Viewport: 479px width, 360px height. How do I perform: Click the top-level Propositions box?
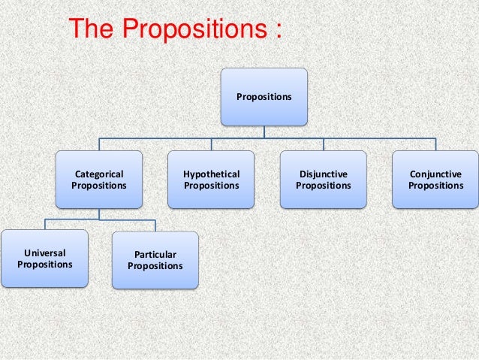coord(264,96)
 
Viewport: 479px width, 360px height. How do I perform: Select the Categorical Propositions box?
coord(99,180)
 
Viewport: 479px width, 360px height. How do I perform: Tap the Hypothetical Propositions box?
coord(211,180)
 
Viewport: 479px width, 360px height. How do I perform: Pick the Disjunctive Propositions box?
coord(324,180)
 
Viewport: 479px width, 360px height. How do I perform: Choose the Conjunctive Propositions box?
coord(435,180)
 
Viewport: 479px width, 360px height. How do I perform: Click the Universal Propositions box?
coord(44,259)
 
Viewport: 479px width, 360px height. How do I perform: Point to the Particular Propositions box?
coord(155,260)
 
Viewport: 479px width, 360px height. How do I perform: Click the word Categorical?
coord(99,174)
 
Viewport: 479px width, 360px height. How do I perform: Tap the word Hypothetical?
coord(211,174)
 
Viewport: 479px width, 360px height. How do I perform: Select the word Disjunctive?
coord(324,174)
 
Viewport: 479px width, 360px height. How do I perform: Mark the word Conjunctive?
coord(435,174)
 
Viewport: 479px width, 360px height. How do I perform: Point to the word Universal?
coord(44,253)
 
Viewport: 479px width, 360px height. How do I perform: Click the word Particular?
coord(155,255)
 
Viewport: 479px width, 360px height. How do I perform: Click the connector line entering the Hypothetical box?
coord(211,145)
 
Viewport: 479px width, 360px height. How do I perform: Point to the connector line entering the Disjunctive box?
coord(324,145)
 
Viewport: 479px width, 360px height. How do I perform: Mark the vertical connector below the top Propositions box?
coord(264,132)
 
